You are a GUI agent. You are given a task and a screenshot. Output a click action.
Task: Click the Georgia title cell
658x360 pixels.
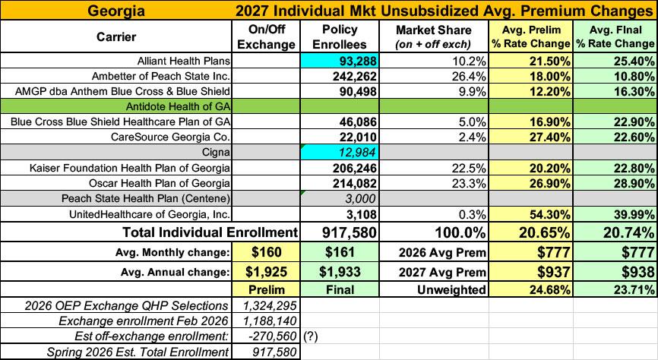click(115, 10)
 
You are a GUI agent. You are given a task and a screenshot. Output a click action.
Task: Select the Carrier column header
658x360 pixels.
click(116, 37)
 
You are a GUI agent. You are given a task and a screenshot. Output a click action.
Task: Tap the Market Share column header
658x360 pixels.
click(434, 36)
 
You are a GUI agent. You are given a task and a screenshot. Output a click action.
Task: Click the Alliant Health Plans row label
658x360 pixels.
click(184, 61)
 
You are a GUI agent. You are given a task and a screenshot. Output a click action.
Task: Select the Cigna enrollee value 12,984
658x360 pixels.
click(358, 153)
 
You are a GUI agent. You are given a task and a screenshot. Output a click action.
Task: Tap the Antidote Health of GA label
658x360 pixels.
click(178, 106)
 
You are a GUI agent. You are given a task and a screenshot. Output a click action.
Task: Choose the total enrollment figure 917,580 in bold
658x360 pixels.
click(350, 232)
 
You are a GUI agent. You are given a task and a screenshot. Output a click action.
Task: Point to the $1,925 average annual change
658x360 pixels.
click(267, 271)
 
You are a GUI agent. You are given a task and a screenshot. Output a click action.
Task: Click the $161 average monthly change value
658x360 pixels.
click(340, 252)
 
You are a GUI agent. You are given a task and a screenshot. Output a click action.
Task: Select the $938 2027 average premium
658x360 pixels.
click(637, 272)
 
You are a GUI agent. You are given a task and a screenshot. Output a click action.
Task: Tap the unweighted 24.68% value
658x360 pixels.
click(549, 289)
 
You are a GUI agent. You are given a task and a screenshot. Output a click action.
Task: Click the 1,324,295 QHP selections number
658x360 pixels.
click(270, 306)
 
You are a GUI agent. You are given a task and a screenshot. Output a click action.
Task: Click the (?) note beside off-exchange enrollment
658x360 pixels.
click(310, 336)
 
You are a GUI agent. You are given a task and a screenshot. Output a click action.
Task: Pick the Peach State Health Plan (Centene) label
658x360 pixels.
click(146, 198)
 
